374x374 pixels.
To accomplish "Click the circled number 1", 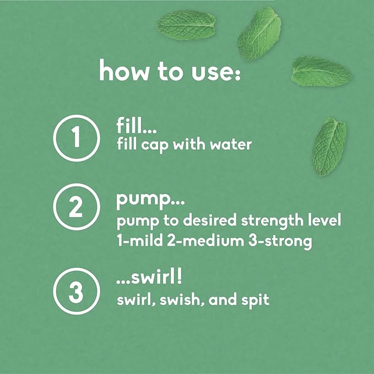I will tap(75, 138).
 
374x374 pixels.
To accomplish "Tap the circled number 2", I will tap(75, 208).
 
